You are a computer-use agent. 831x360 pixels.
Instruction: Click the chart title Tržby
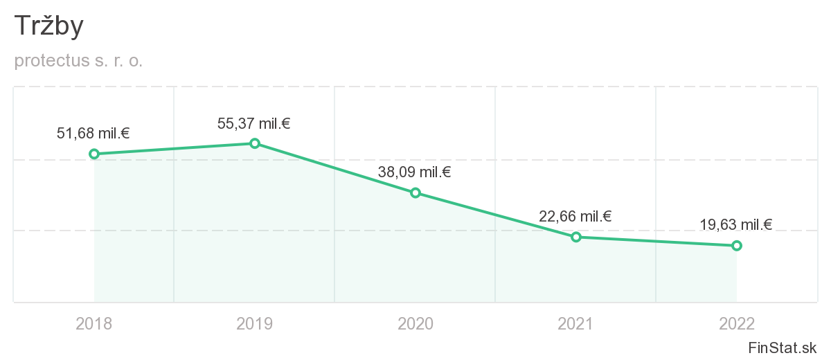[x=49, y=27]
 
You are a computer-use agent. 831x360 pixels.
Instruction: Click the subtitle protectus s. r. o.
[x=78, y=61]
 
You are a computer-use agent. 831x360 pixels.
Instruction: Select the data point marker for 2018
[x=94, y=154]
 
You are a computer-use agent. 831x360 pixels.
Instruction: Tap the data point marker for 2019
[x=255, y=143]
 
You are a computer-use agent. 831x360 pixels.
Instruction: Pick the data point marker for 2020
[x=415, y=192]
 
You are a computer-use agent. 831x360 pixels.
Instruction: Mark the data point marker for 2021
[x=575, y=237]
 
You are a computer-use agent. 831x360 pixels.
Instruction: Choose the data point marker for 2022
[x=737, y=245]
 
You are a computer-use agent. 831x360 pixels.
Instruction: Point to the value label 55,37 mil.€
[x=253, y=124]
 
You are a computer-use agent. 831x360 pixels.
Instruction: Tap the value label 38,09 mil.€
[x=414, y=172]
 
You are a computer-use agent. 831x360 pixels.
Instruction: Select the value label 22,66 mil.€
[x=575, y=217]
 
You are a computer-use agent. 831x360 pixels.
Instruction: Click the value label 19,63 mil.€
[x=735, y=224]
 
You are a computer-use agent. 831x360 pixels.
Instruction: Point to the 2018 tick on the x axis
[x=94, y=323]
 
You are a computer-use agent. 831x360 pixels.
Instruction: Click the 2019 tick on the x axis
[x=255, y=323]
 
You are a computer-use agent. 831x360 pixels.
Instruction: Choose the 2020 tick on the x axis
[x=415, y=323]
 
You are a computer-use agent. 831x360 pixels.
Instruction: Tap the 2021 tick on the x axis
[x=575, y=323]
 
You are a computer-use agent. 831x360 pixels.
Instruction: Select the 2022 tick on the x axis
[x=737, y=323]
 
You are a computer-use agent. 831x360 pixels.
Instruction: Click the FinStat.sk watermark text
[x=783, y=347]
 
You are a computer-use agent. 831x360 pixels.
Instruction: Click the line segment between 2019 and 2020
[x=335, y=168]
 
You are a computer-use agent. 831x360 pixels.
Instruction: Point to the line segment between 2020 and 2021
[x=496, y=215]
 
